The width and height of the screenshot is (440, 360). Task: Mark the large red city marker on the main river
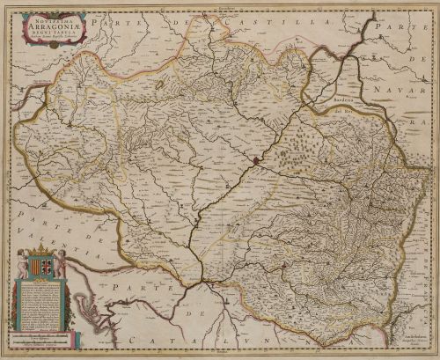[254, 160]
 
